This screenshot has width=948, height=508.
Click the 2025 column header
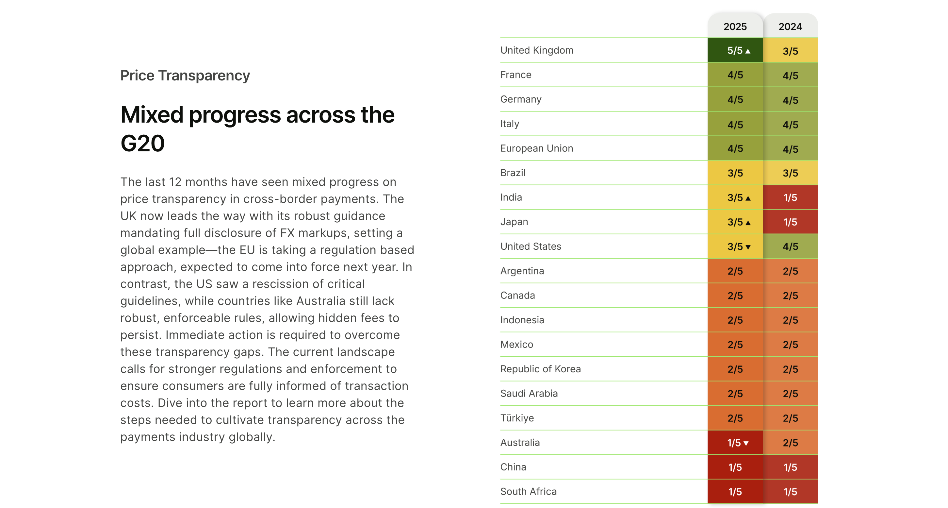coord(735,26)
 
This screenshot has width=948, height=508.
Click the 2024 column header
coord(790,26)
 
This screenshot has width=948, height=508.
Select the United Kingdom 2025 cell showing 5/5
coord(735,50)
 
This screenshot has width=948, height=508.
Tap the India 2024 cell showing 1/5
coord(790,197)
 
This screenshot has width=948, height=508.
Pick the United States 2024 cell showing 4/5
coord(790,246)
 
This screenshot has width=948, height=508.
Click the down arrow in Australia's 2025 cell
coord(746,443)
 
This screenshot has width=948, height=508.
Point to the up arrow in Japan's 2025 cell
coord(748,223)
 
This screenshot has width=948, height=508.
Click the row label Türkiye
coord(517,418)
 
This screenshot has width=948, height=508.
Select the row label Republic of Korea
coord(540,369)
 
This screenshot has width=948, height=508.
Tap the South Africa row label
coord(528,491)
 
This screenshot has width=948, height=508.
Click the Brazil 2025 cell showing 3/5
coord(735,173)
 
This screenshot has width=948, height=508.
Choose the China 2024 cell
coord(790,467)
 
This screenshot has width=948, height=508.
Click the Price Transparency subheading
coord(185,76)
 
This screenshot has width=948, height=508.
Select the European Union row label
coord(536,148)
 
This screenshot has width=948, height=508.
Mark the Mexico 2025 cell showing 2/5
coord(735,345)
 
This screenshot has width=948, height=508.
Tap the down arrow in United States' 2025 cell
coord(748,247)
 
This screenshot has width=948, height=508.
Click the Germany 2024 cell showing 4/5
coord(790,100)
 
